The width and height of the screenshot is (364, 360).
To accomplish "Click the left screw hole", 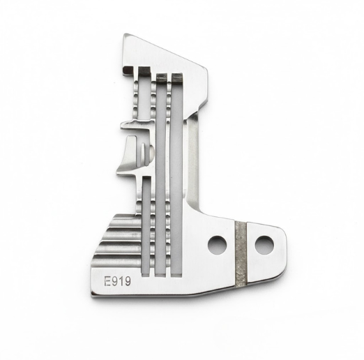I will (217, 244).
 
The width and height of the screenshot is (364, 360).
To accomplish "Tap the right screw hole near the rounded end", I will (264, 244).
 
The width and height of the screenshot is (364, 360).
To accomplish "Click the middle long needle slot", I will (160, 174).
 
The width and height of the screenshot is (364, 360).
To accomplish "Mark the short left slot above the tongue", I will (144, 98).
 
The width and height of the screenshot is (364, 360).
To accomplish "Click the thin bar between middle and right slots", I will (168, 174).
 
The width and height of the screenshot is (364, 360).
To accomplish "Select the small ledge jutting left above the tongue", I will (126, 126).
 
